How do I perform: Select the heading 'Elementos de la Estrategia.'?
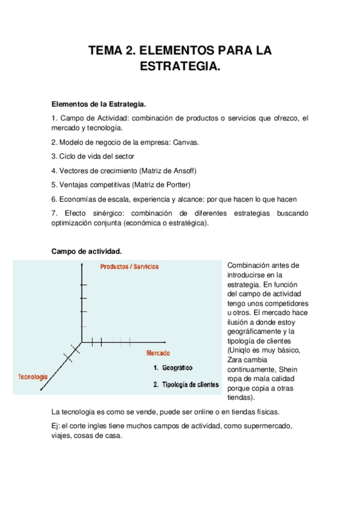click(99, 104)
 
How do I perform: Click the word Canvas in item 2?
click(186, 142)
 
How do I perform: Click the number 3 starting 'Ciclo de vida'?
click(54, 156)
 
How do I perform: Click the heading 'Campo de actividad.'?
click(87, 251)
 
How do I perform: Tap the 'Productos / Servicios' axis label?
click(130, 266)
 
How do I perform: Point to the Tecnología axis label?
click(32, 376)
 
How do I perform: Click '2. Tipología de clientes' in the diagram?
click(186, 384)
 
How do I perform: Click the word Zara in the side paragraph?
click(236, 360)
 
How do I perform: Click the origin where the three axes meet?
click(82, 342)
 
